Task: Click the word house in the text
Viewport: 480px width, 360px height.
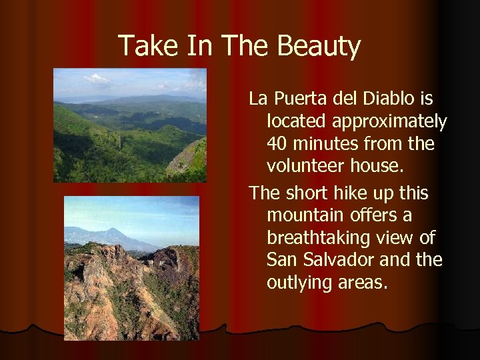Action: click(375, 165)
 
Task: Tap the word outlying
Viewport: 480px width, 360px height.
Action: click(299, 283)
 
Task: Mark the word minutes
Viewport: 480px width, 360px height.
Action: click(327, 143)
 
